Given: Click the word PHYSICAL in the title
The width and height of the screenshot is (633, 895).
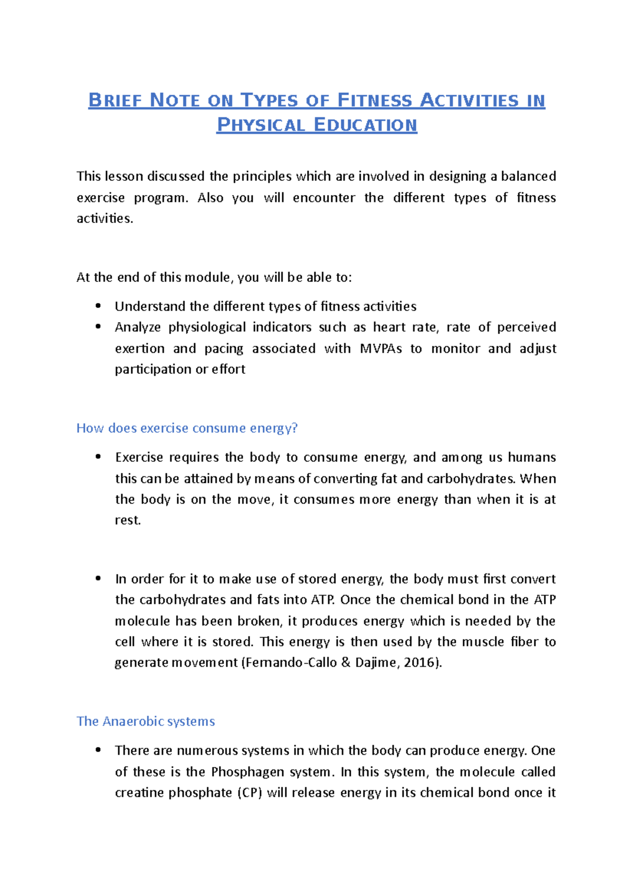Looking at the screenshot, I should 261,125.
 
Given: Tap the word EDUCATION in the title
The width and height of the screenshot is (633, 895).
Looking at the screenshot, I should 365,125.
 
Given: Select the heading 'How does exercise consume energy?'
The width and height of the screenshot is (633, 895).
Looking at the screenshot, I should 187,428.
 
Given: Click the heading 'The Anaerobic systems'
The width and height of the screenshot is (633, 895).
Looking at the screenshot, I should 146,721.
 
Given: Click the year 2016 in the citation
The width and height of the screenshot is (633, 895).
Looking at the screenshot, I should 421,663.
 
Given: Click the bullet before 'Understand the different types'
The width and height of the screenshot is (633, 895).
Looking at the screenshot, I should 98,306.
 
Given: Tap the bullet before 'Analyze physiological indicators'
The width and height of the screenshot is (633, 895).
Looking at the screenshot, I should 98,327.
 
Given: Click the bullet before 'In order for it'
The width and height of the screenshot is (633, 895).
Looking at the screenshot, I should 98,578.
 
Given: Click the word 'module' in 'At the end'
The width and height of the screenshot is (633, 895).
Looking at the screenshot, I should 207,277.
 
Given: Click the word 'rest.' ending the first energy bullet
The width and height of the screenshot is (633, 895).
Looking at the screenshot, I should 128,520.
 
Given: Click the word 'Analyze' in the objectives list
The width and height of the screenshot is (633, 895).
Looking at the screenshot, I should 138,327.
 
